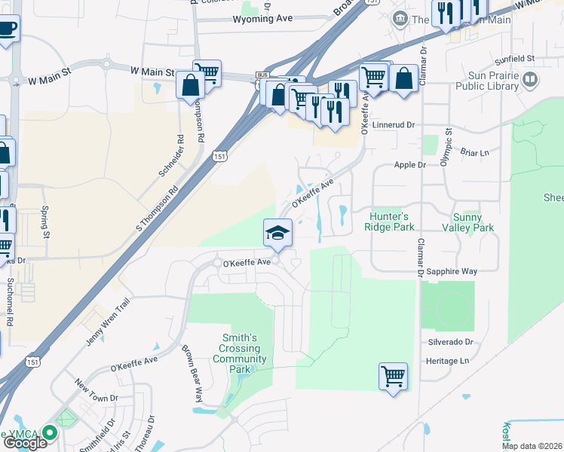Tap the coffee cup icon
[7, 29]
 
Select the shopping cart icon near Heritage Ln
[393, 375]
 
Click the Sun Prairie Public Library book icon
[531, 79]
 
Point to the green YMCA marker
[50, 432]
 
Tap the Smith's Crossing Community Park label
[240, 349]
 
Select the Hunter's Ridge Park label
[390, 221]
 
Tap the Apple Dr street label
[410, 164]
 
